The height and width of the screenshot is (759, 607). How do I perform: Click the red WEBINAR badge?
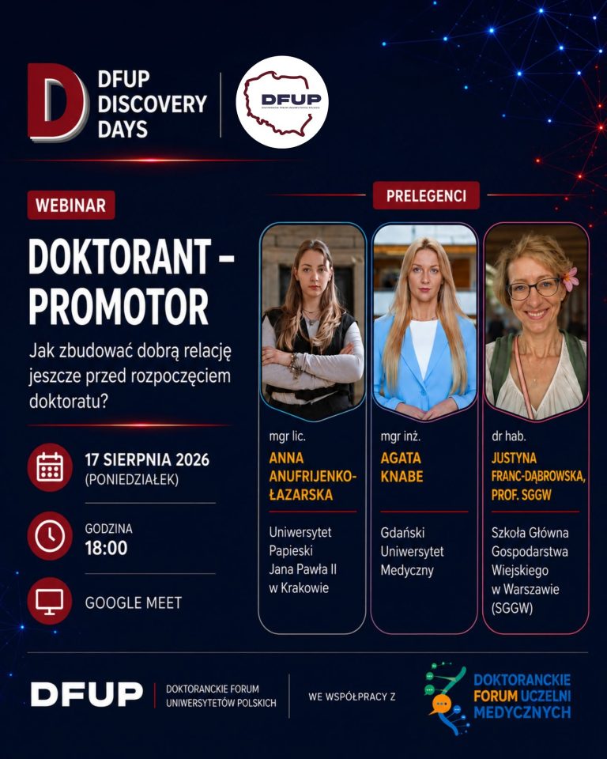click(x=71, y=205)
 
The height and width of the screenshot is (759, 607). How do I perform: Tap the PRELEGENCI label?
click(x=426, y=195)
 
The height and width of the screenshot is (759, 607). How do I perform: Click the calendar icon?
click(x=50, y=467)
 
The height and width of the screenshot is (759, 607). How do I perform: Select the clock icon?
click(x=50, y=535)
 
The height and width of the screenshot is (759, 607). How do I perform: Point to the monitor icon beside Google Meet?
click(x=50, y=601)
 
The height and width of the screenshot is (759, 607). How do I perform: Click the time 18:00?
click(x=106, y=548)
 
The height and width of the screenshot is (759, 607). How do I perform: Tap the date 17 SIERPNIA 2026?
click(x=147, y=459)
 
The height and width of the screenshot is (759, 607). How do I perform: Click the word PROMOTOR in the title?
click(x=119, y=307)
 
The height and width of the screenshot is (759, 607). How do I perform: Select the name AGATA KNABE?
click(x=402, y=467)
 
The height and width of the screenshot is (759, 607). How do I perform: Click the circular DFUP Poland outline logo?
click(x=281, y=102)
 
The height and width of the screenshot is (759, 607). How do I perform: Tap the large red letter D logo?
click(x=58, y=102)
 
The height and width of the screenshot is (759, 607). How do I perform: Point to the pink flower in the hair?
click(x=570, y=279)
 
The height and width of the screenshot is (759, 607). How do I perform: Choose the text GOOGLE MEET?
click(x=134, y=602)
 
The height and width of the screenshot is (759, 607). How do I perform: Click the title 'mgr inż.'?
click(x=400, y=436)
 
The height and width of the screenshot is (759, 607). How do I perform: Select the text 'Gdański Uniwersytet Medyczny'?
click(x=412, y=551)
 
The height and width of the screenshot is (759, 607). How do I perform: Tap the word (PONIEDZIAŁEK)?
click(x=132, y=480)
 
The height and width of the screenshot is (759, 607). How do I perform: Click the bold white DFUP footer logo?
click(x=87, y=694)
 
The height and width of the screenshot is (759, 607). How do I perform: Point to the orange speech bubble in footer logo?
click(x=440, y=704)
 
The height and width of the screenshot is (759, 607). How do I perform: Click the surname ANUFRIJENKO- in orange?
click(x=313, y=476)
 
